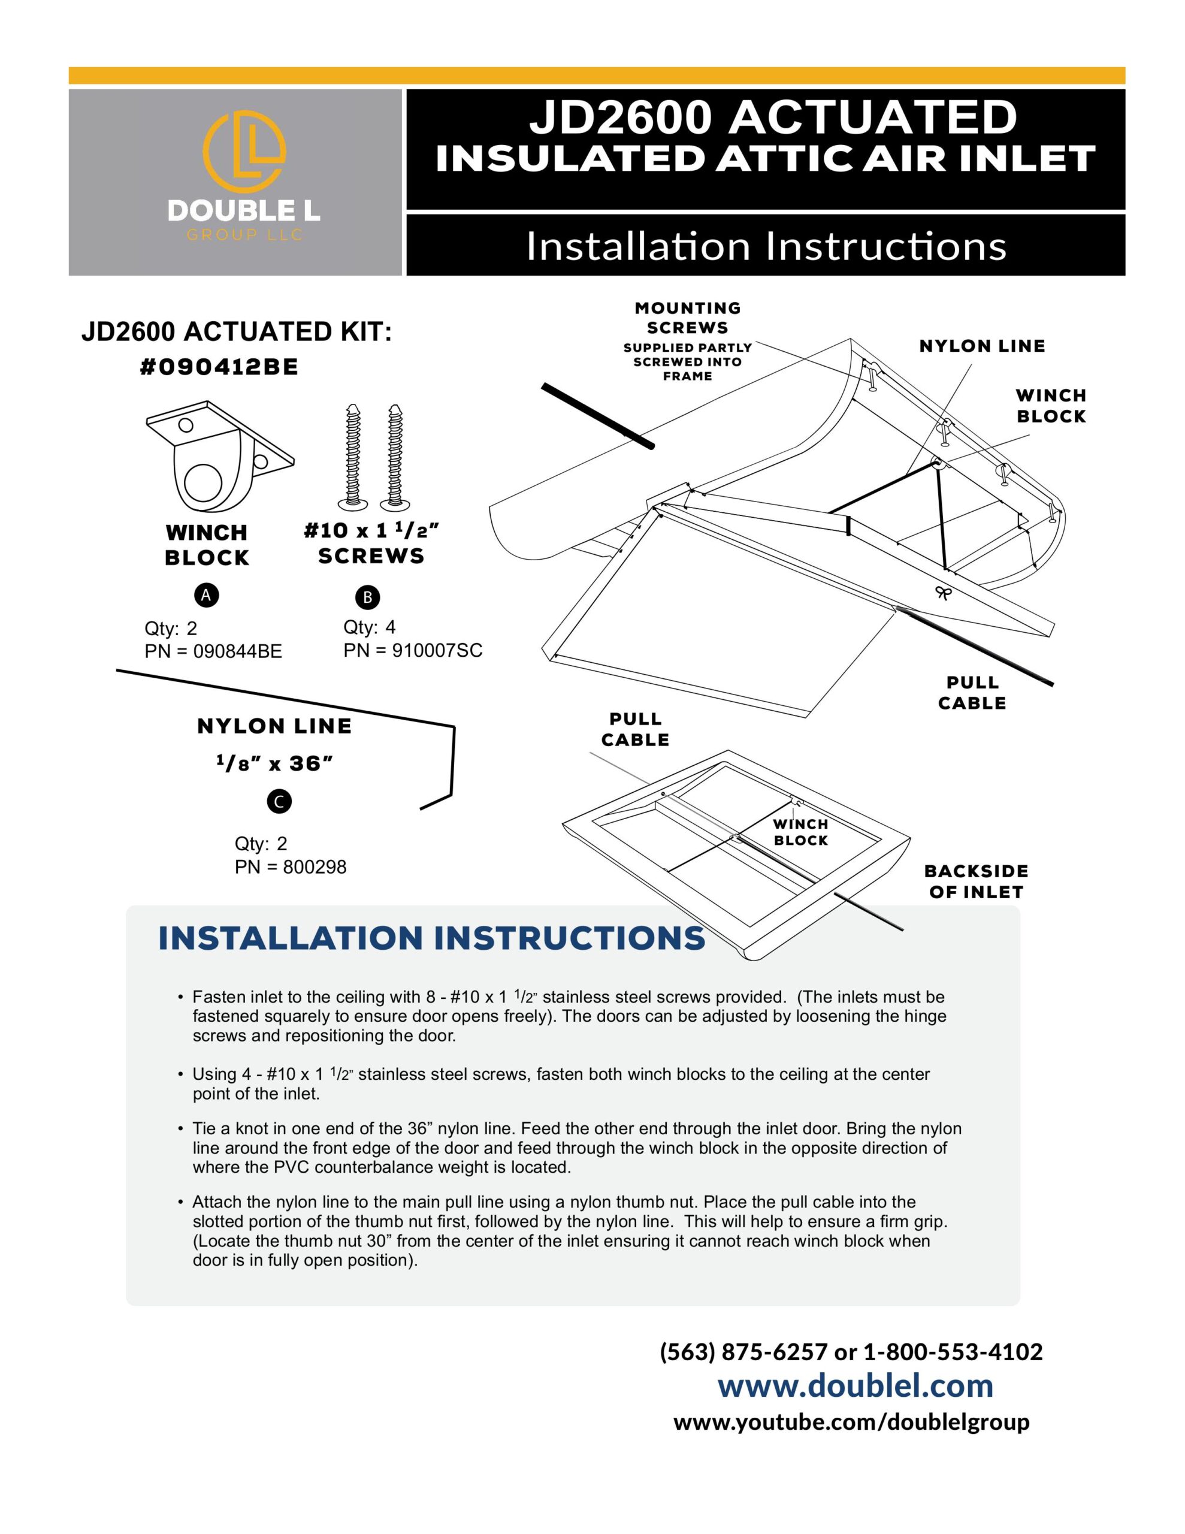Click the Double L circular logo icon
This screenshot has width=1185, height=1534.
point(244,152)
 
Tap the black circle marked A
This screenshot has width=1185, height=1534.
point(206,595)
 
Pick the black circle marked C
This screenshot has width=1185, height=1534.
point(279,801)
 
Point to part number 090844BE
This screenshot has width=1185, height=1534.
point(237,651)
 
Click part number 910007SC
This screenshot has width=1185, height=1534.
point(437,650)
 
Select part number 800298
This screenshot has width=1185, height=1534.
point(315,866)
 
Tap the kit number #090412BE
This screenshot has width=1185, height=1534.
point(219,367)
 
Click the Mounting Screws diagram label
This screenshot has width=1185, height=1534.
point(688,318)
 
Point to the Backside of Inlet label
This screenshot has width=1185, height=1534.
point(976,881)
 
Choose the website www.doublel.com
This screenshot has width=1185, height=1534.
point(855,1385)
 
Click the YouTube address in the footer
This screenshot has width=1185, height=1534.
point(851,1421)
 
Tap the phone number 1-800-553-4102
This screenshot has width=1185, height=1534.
point(953,1351)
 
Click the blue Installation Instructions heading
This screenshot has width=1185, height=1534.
point(431,938)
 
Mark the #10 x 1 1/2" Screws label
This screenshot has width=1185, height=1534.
point(371,543)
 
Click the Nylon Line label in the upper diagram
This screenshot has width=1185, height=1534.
point(982,346)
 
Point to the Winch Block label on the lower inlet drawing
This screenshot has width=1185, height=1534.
point(801,832)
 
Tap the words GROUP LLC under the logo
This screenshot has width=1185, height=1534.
point(244,235)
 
